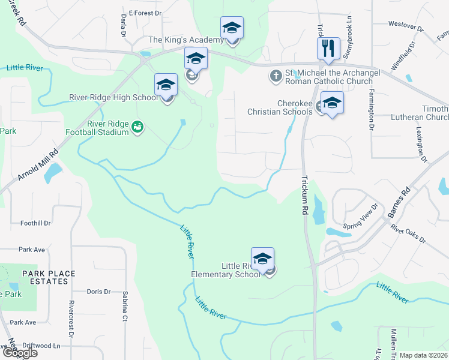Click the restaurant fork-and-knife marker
328,49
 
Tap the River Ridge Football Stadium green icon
138,127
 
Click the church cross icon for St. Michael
276,76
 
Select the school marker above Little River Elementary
262,259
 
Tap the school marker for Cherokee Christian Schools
332,103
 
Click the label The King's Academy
185,40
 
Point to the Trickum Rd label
304,196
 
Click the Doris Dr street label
98,292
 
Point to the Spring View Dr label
360,217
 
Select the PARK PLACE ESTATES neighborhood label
49,277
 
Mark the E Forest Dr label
145,13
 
